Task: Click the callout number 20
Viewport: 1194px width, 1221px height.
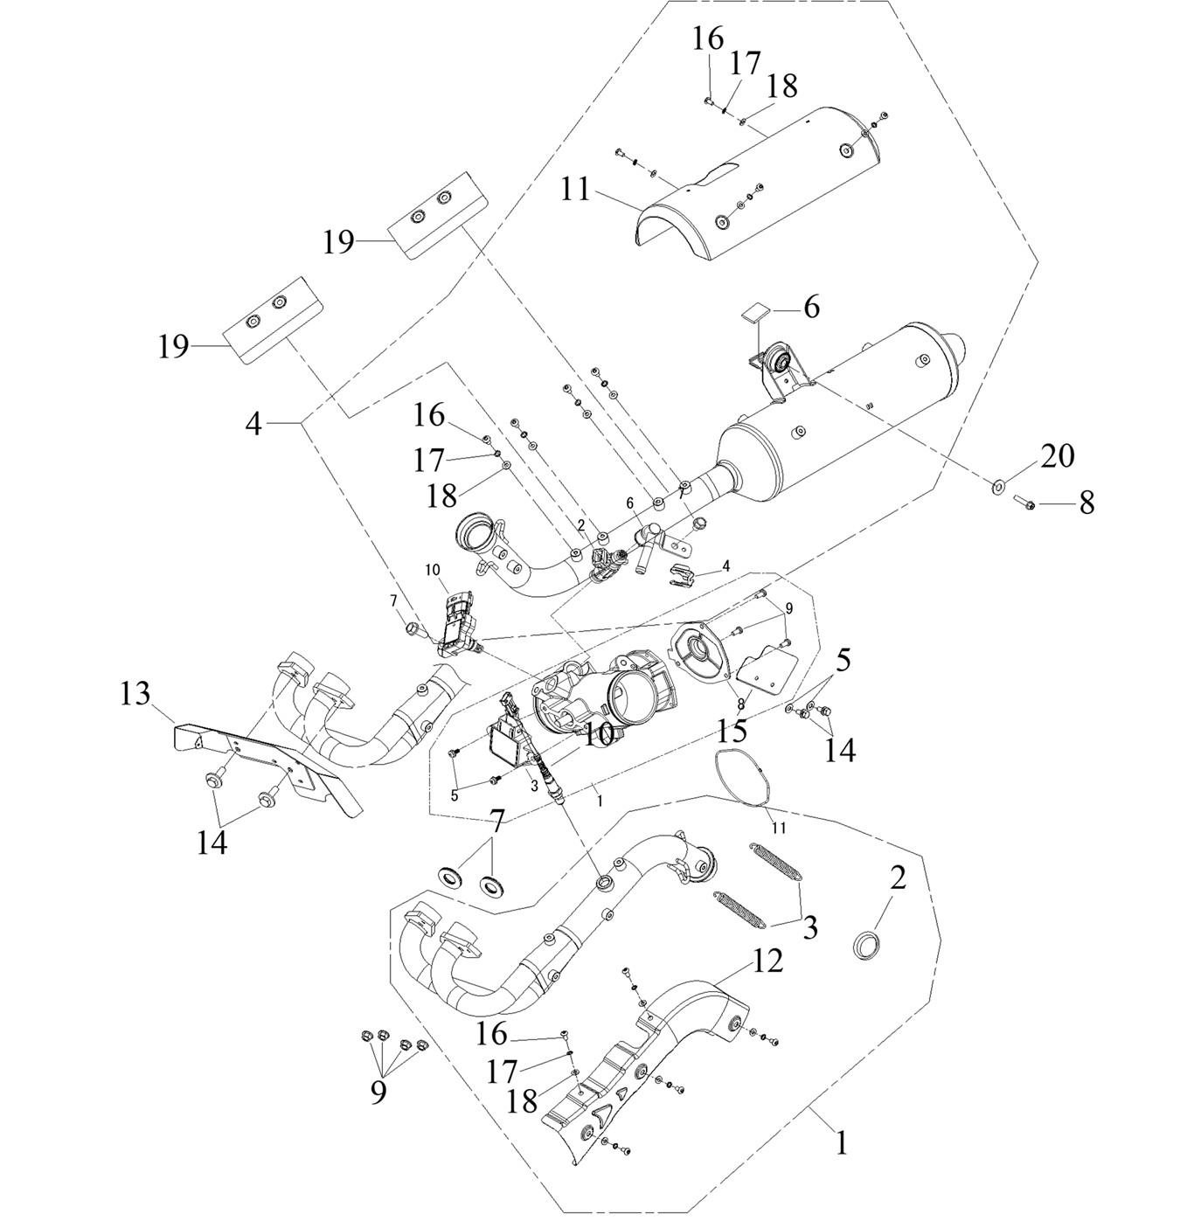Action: coord(1058,456)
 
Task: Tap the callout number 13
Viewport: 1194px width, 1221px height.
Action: coord(136,695)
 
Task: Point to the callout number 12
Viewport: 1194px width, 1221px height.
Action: coord(768,961)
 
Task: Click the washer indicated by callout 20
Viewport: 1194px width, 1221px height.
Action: coord(996,486)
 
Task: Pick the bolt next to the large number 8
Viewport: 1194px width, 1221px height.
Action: coord(1025,502)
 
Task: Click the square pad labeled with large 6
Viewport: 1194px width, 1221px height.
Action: coord(756,313)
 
